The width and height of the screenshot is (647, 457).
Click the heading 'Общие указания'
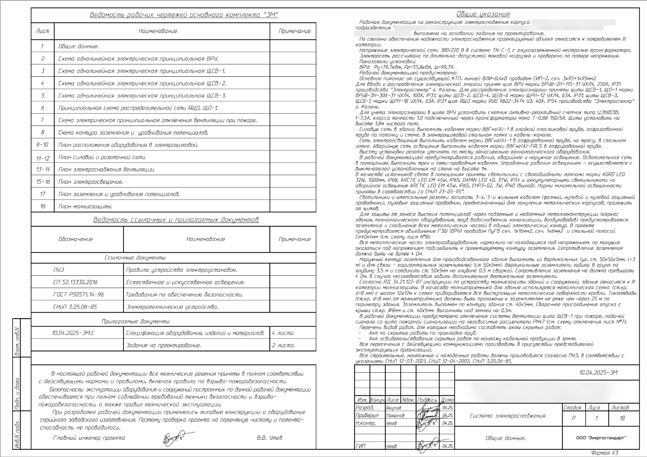tap(483, 14)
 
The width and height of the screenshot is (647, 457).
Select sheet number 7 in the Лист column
tap(42, 120)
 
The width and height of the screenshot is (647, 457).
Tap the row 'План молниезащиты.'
tap(85, 207)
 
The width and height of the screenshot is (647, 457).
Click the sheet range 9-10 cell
tap(42, 145)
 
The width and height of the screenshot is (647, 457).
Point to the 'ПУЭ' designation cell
tap(58, 270)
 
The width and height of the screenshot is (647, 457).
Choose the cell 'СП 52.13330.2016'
tap(75, 282)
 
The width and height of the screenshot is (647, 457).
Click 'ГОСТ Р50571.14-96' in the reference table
tap(78, 295)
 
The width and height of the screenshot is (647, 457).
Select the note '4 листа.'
tap(283, 333)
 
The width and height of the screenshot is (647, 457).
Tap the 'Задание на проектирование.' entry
tap(163, 346)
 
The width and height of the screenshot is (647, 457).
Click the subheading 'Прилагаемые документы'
tap(135, 321)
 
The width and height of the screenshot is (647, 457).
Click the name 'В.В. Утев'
tap(269, 438)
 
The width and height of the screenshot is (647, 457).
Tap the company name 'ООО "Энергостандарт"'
tap(601, 438)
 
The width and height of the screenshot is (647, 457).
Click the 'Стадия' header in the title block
tap(572, 407)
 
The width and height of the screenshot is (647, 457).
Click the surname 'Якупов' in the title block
tap(393, 408)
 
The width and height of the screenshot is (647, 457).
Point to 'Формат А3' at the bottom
tap(604, 453)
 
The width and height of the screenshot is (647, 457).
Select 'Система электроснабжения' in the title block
tap(508, 416)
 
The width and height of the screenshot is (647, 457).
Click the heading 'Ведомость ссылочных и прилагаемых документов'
tap(176, 220)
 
